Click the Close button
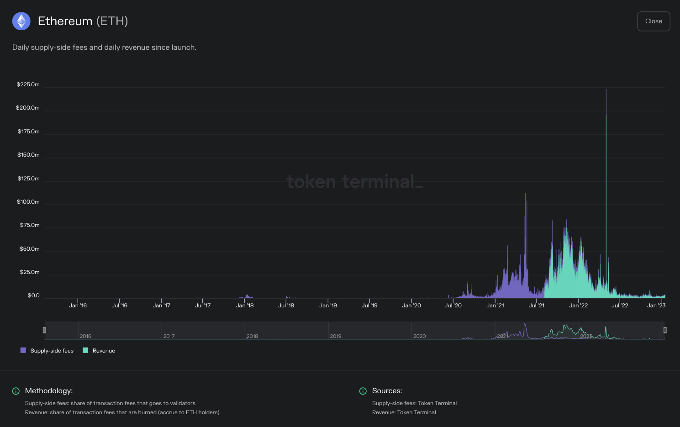click(x=654, y=21)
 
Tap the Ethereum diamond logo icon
click(x=21, y=21)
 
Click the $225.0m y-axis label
click(x=28, y=84)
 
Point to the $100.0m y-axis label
click(x=28, y=202)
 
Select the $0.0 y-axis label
click(x=33, y=295)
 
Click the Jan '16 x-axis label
click(x=78, y=306)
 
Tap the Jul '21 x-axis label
click(x=537, y=306)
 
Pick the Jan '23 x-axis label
click(x=656, y=306)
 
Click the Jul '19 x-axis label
click(x=369, y=306)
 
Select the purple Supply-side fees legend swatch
click(x=23, y=350)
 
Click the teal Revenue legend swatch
click(x=85, y=350)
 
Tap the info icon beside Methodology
click(x=16, y=391)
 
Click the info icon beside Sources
click(x=363, y=391)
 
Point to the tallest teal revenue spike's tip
click(x=606, y=115)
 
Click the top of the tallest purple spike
click(x=606, y=90)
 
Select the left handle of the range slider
click(x=44, y=330)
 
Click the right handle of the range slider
click(x=665, y=330)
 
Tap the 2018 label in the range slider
click(x=252, y=336)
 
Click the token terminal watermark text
click(x=354, y=182)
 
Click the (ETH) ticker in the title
click(x=112, y=21)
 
